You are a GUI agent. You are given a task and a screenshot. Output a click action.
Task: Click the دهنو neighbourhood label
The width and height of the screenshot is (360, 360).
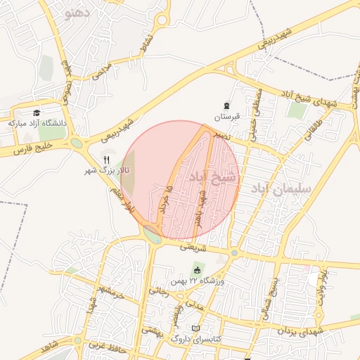(77, 13)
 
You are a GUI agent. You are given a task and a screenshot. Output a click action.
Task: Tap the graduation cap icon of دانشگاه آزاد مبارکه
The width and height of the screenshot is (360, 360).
(36, 112)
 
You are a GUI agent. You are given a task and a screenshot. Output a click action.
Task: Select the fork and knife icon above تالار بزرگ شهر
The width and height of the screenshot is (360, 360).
(106, 160)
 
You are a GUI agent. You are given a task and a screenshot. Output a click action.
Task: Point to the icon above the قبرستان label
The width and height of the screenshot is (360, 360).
(226, 105)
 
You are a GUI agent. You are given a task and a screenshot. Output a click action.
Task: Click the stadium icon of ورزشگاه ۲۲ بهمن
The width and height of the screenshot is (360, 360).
(198, 271)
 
